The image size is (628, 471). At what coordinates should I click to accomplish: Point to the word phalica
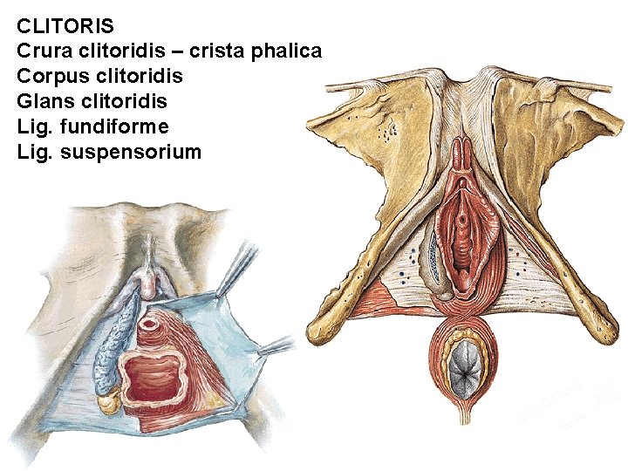(x=286, y=51)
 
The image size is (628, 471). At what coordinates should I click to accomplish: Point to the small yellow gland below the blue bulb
(x=109, y=402)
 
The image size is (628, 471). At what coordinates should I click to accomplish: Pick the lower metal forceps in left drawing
(x=277, y=348)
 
